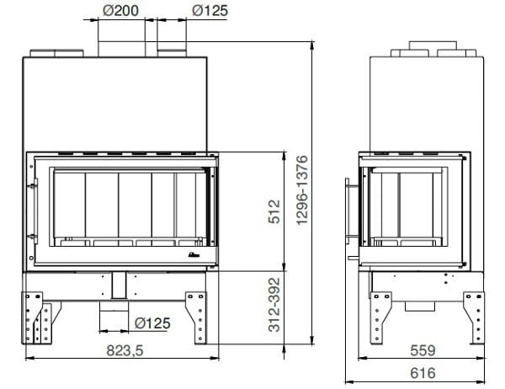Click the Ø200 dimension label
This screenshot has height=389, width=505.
pyautogui.click(x=120, y=11)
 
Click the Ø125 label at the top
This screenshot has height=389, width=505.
pyautogui.click(x=210, y=11)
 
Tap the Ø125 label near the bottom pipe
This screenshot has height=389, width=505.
pyautogui.click(x=152, y=323)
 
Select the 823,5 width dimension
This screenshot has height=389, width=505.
pyautogui.click(x=125, y=350)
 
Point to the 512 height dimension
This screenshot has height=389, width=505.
pyautogui.click(x=274, y=211)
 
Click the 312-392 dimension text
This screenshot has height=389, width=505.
pyautogui.click(x=274, y=305)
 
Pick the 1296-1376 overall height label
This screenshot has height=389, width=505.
pyautogui.click(x=302, y=190)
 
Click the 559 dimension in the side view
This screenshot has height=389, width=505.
pyautogui.click(x=423, y=350)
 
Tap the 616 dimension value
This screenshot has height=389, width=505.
pyautogui.click(x=423, y=373)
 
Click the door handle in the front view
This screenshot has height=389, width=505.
pyautogui.click(x=34, y=211)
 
